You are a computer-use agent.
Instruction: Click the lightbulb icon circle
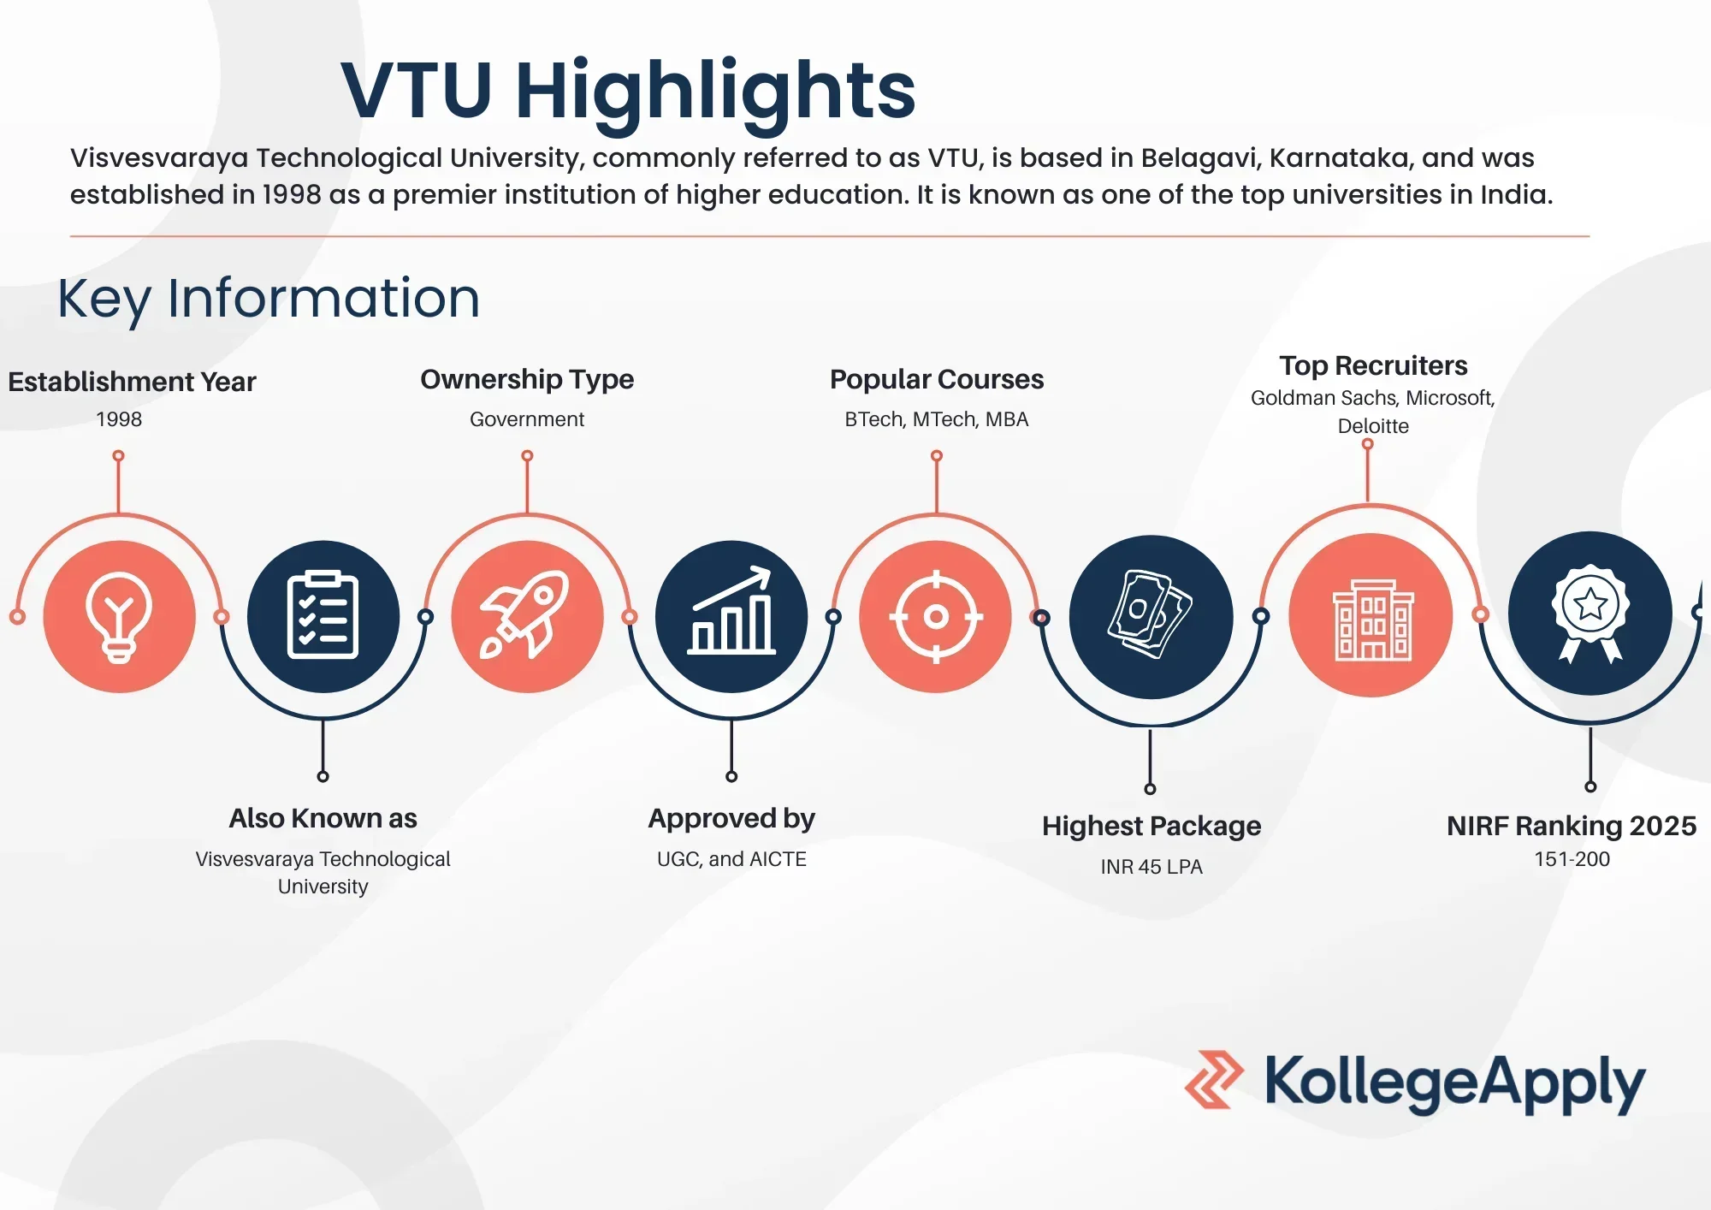(119, 616)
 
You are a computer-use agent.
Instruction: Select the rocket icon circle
(527, 616)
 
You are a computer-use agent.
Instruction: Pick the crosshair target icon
(936, 616)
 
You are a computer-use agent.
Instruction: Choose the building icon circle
(1371, 614)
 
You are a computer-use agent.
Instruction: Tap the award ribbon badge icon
(1590, 613)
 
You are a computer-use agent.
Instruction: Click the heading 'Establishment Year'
(132, 382)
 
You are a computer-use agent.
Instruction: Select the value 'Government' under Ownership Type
(527, 419)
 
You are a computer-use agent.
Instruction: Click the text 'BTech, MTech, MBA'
(937, 419)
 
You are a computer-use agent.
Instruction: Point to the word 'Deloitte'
(1373, 426)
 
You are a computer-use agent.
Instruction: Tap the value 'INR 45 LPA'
(1152, 867)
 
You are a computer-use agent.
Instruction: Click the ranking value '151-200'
(1572, 859)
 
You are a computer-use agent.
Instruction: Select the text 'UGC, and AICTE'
(731, 859)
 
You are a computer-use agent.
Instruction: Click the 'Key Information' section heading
(269, 300)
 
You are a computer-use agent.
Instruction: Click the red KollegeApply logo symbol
(1214, 1080)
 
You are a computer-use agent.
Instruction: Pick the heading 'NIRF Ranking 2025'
(1572, 826)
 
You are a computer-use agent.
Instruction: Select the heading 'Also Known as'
(323, 819)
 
